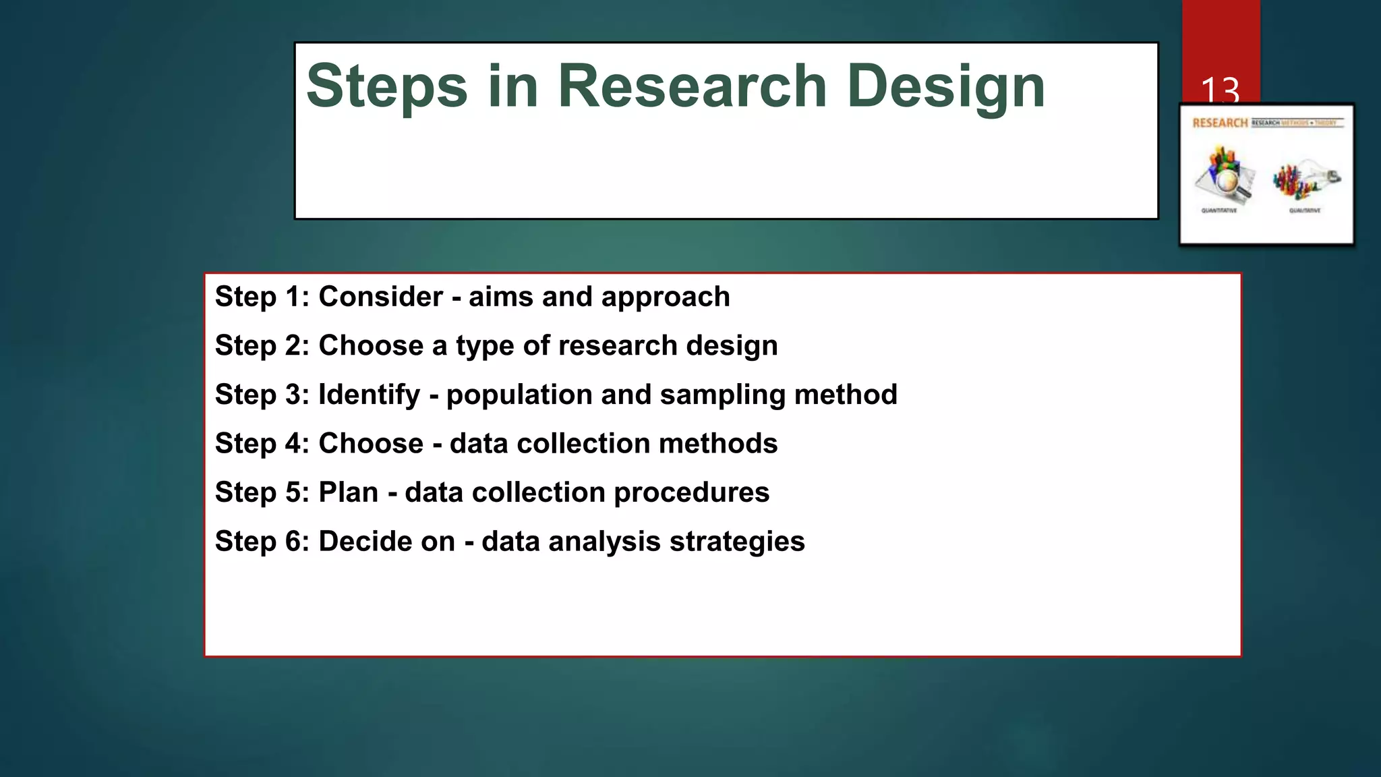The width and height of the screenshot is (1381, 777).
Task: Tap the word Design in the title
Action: pos(945,86)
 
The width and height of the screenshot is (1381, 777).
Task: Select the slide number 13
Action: pos(1220,90)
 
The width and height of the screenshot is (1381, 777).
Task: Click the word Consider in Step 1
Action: pos(380,297)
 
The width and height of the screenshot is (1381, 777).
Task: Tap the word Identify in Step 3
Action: pos(369,395)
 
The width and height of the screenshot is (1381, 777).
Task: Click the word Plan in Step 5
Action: pos(348,492)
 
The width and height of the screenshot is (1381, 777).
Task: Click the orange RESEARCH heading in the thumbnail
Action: pos(1220,123)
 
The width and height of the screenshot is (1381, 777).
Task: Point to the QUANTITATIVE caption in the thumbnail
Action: pos(1219,210)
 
